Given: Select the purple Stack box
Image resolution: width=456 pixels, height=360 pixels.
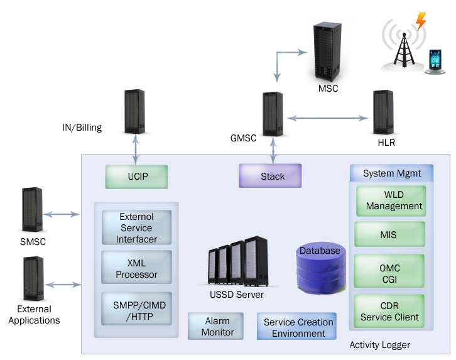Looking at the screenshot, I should (x=270, y=176).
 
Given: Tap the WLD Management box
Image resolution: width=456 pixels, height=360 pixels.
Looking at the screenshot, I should (x=389, y=200).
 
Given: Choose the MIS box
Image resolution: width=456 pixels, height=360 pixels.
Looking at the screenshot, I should (x=389, y=234).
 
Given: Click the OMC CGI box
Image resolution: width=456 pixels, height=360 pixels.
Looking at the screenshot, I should (x=389, y=273).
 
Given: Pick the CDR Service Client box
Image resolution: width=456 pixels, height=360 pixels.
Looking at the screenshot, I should (x=389, y=311).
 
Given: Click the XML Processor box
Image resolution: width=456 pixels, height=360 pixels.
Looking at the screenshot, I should (x=136, y=269).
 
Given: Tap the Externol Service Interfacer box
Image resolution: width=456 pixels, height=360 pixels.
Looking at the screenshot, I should (x=136, y=227).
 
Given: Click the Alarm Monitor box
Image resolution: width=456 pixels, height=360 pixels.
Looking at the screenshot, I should (x=217, y=327).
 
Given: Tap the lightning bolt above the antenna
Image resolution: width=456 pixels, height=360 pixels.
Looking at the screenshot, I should (x=420, y=21).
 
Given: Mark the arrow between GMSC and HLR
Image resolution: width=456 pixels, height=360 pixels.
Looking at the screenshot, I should (x=327, y=117).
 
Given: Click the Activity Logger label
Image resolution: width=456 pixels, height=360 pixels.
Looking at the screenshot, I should (x=380, y=345).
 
